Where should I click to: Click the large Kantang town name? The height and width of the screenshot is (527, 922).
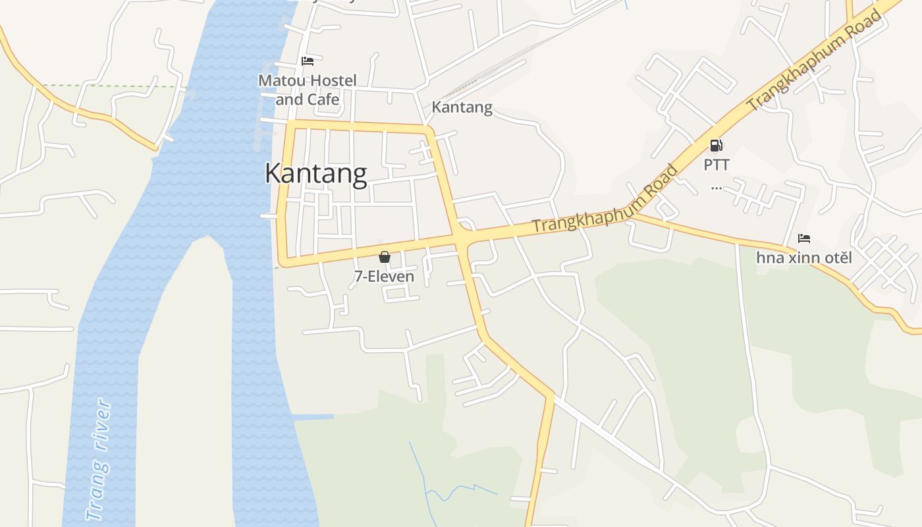pos(315,173)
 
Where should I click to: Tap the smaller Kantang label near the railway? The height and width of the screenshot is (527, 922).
pos(462,107)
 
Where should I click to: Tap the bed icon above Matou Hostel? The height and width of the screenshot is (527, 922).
pos(308,61)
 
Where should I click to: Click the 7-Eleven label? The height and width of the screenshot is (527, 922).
pos(384,277)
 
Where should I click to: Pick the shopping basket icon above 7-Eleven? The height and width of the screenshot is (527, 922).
pos(385,257)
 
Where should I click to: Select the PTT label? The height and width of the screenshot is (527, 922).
pos(717,165)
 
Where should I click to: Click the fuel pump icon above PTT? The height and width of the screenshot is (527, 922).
pos(717,146)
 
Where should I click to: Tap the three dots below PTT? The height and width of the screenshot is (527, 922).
pos(717,188)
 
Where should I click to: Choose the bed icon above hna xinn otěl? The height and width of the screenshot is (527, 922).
pos(804,238)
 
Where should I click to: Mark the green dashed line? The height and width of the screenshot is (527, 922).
pos(112,86)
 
